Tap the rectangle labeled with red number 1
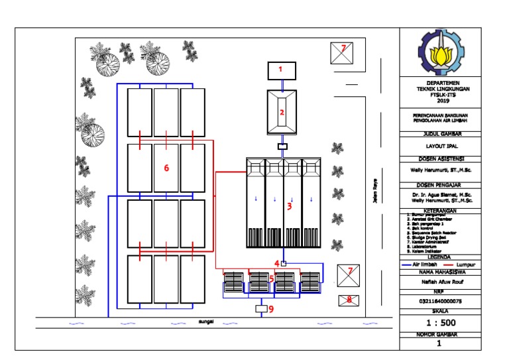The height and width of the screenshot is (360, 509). coord(281,69)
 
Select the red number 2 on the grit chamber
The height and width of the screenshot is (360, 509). coord(281,112)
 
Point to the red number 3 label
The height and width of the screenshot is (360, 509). coord(289,206)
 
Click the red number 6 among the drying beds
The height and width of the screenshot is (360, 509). coord(166,168)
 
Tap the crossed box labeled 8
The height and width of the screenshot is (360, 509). coord(349,300)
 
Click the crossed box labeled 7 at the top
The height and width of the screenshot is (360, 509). coord(343,52)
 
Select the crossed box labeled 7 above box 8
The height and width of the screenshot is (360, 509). coord(349,274)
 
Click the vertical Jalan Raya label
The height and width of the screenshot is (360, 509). coord(374,194)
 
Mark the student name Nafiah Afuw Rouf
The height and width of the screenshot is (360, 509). coord(438,281)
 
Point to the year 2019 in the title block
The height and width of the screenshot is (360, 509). coord(438,101)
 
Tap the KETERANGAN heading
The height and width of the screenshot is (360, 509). coord(438,210)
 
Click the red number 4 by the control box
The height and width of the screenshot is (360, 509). coord(278,263)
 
